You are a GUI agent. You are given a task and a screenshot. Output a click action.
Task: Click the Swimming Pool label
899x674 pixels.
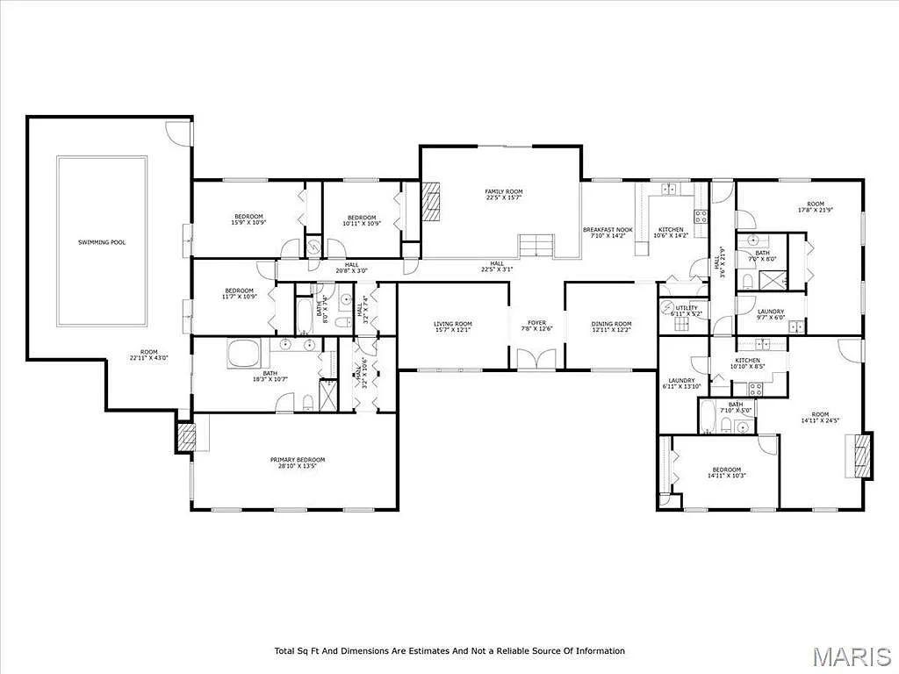(102, 241)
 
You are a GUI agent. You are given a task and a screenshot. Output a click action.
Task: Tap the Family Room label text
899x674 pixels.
(504, 194)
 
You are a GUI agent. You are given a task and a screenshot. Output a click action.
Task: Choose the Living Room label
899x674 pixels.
(453, 327)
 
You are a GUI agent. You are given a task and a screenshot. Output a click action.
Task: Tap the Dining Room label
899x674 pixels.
(611, 327)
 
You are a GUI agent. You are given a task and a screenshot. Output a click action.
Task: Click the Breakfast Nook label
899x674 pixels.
(608, 233)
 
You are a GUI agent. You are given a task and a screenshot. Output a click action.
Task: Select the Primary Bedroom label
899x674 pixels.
(298, 462)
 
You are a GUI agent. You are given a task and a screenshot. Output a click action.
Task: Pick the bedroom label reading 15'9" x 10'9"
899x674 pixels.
(248, 220)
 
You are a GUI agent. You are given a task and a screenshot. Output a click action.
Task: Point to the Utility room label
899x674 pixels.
(686, 310)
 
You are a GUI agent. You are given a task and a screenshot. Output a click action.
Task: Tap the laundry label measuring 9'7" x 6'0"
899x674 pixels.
(771, 314)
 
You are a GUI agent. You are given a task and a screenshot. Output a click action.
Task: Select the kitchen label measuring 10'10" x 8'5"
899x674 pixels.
(747, 363)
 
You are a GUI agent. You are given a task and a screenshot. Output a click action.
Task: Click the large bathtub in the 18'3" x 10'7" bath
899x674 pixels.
(243, 355)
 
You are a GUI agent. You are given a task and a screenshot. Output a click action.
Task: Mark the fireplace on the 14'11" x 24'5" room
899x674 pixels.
(863, 456)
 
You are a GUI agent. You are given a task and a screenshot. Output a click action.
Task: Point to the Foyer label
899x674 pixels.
(536, 326)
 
